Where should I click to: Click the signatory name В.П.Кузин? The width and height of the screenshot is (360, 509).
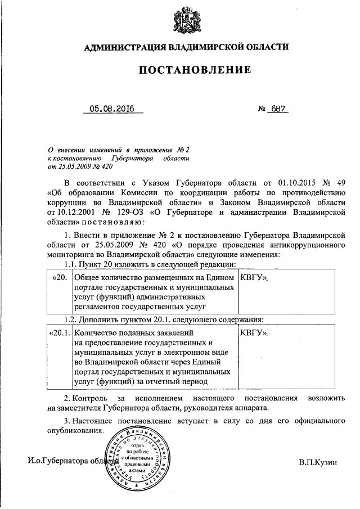point(318,462)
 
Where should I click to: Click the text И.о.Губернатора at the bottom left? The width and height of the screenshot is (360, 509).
point(62,462)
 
